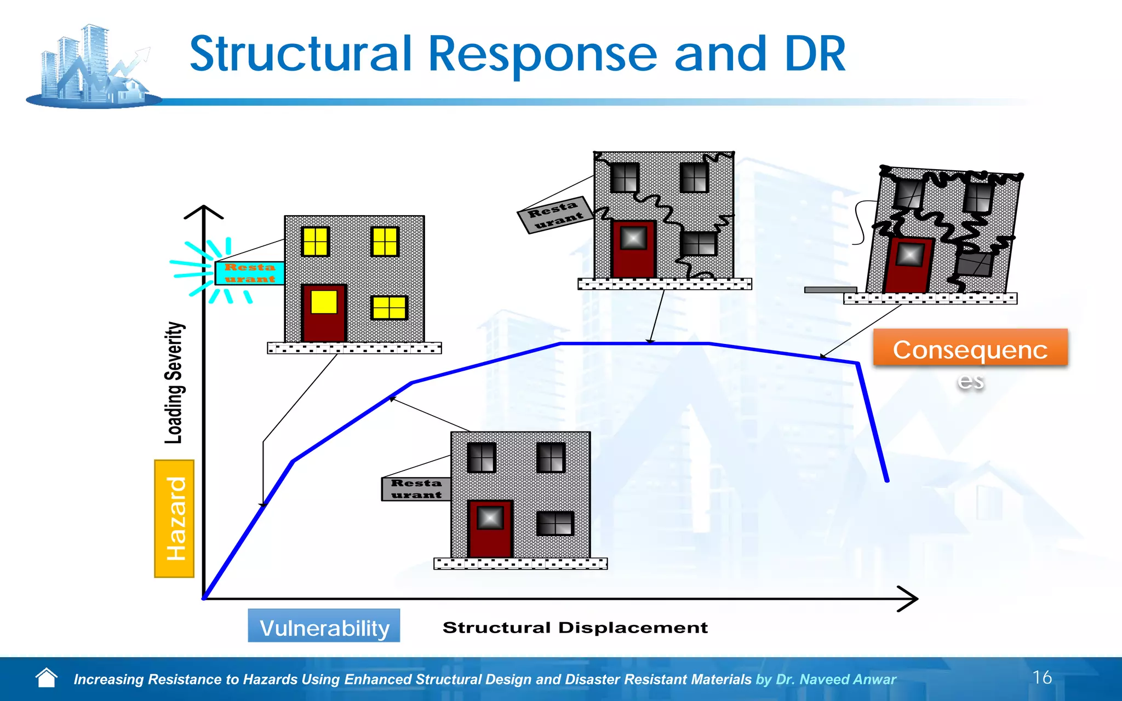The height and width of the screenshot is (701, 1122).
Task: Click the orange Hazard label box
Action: (x=174, y=519)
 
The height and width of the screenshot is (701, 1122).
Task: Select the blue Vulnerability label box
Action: (x=324, y=626)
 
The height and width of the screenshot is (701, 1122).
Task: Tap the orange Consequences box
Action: (x=970, y=348)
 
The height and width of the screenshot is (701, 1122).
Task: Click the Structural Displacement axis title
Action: (x=575, y=628)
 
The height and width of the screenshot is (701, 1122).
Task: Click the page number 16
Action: (x=1042, y=677)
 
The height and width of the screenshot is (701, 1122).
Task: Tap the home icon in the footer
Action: (x=47, y=678)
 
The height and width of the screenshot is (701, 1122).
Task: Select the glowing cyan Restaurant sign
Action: (x=249, y=273)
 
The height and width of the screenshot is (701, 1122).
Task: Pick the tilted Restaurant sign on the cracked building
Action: (x=555, y=214)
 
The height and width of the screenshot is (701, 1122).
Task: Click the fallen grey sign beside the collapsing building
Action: (x=830, y=290)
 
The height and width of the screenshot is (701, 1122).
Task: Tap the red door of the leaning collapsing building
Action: (x=908, y=265)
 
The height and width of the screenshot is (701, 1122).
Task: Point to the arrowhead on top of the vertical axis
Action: (x=204, y=211)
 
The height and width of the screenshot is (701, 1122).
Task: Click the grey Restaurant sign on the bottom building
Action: (x=416, y=489)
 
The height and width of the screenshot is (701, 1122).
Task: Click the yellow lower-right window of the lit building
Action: (x=390, y=308)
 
